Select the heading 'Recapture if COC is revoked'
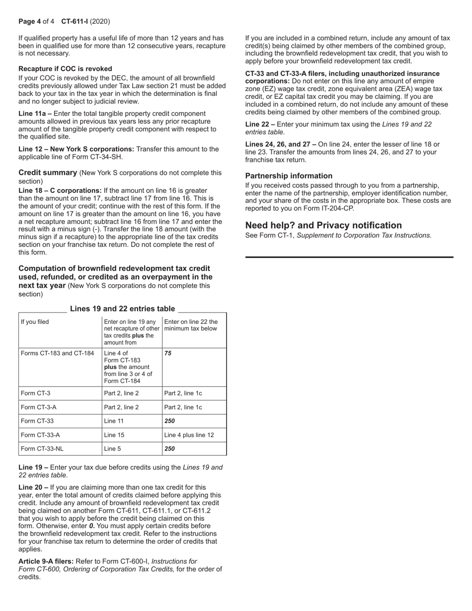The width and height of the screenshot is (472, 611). coord(65,69)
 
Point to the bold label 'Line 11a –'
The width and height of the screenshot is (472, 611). coord(35,114)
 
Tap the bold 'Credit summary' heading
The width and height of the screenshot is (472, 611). coord(48,172)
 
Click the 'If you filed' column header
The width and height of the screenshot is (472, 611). coord(35,322)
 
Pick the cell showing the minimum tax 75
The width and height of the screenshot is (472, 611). coord(168,354)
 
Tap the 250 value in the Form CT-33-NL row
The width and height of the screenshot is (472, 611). coord(169,449)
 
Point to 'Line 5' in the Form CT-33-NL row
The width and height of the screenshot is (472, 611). coord(112,449)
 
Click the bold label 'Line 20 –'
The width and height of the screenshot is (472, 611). coord(33,487)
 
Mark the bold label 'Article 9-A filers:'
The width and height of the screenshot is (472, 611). coord(46,561)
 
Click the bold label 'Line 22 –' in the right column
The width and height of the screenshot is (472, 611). coord(260,124)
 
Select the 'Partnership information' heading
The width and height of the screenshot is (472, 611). coord(289,176)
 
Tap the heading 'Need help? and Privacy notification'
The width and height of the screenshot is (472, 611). coord(323,225)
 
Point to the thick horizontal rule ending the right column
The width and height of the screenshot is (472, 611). coord(349,257)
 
